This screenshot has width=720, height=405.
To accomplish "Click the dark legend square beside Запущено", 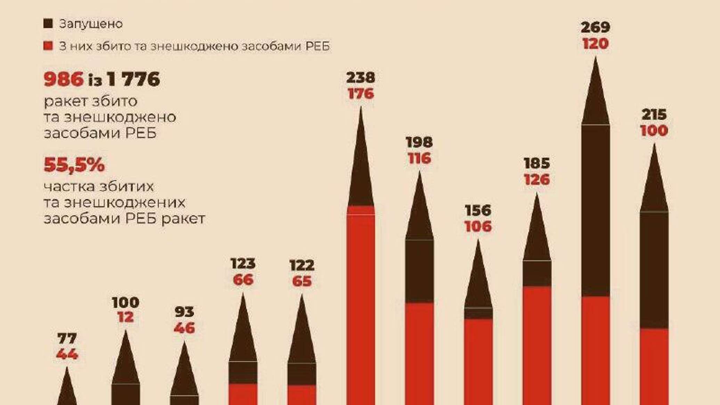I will pos(48,24).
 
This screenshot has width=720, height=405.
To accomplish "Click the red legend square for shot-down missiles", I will pos(48,46).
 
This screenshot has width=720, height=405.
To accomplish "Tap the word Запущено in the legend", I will pos(91,24).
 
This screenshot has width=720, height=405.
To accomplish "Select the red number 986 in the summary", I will pos(64,80).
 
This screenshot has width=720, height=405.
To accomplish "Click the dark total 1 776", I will pos(133,80).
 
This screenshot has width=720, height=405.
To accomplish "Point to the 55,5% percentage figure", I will pos(74,165).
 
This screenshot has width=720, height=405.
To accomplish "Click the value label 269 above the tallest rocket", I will pos(596,27).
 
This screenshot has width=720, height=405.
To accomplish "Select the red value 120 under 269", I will pos(596,44).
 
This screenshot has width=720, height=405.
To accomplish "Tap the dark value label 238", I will pos(361,77).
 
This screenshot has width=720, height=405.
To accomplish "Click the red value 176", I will pos(361,94).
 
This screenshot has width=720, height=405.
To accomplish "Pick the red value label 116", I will pos(419,158).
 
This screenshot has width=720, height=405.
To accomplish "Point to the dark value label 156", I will pos(478,210).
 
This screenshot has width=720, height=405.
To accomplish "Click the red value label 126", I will pos(537,180).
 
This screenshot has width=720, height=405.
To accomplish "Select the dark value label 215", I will pos(654,115).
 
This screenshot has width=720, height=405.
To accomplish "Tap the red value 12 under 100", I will pos(125,318).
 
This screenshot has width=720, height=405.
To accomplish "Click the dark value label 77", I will pos(67,338).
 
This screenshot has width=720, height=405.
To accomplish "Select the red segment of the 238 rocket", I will pos(361,306).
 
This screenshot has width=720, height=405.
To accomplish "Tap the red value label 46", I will pos(184,328).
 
